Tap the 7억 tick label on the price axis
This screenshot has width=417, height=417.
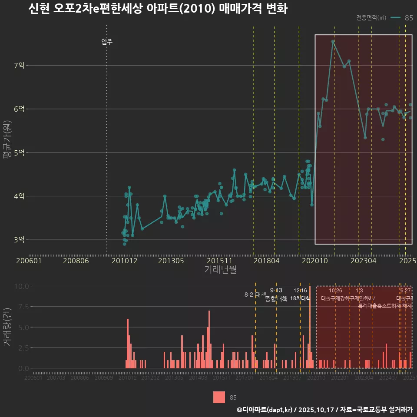click(19, 66)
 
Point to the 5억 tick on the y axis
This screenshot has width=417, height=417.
click(19, 152)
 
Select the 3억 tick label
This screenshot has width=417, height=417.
click(19, 240)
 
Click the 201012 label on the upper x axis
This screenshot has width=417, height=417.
click(124, 261)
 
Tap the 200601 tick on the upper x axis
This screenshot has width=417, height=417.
click(29, 261)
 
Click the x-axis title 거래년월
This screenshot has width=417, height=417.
click(220, 269)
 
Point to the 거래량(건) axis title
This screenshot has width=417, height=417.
click(7, 327)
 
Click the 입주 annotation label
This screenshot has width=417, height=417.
click(107, 42)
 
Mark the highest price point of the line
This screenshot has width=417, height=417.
click(333, 42)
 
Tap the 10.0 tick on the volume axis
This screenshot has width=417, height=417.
click(22, 286)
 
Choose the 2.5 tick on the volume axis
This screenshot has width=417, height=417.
click(22, 348)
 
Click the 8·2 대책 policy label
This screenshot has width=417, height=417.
click(255, 295)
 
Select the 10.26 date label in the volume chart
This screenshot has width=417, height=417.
click(335, 291)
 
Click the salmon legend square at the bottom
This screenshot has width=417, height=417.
click(219, 397)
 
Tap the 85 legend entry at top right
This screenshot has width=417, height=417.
click(409, 18)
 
